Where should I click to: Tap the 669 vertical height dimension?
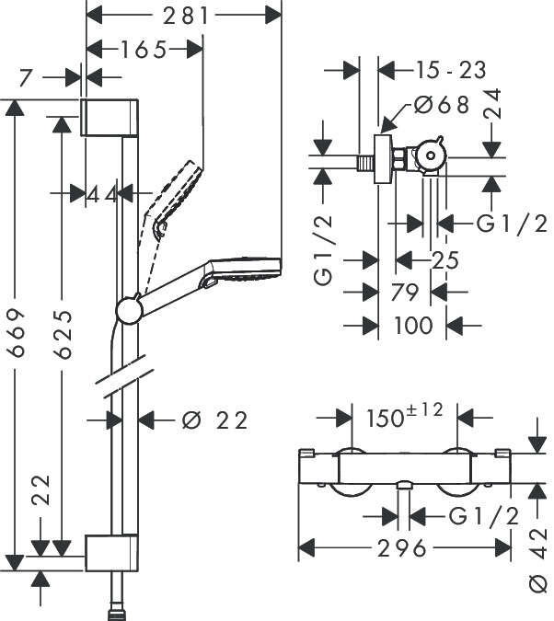[17, 332]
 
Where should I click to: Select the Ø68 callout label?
[442, 105]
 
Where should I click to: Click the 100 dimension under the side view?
[412, 325]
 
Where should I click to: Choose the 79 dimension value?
[405, 293]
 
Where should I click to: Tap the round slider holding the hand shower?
[130, 311]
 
